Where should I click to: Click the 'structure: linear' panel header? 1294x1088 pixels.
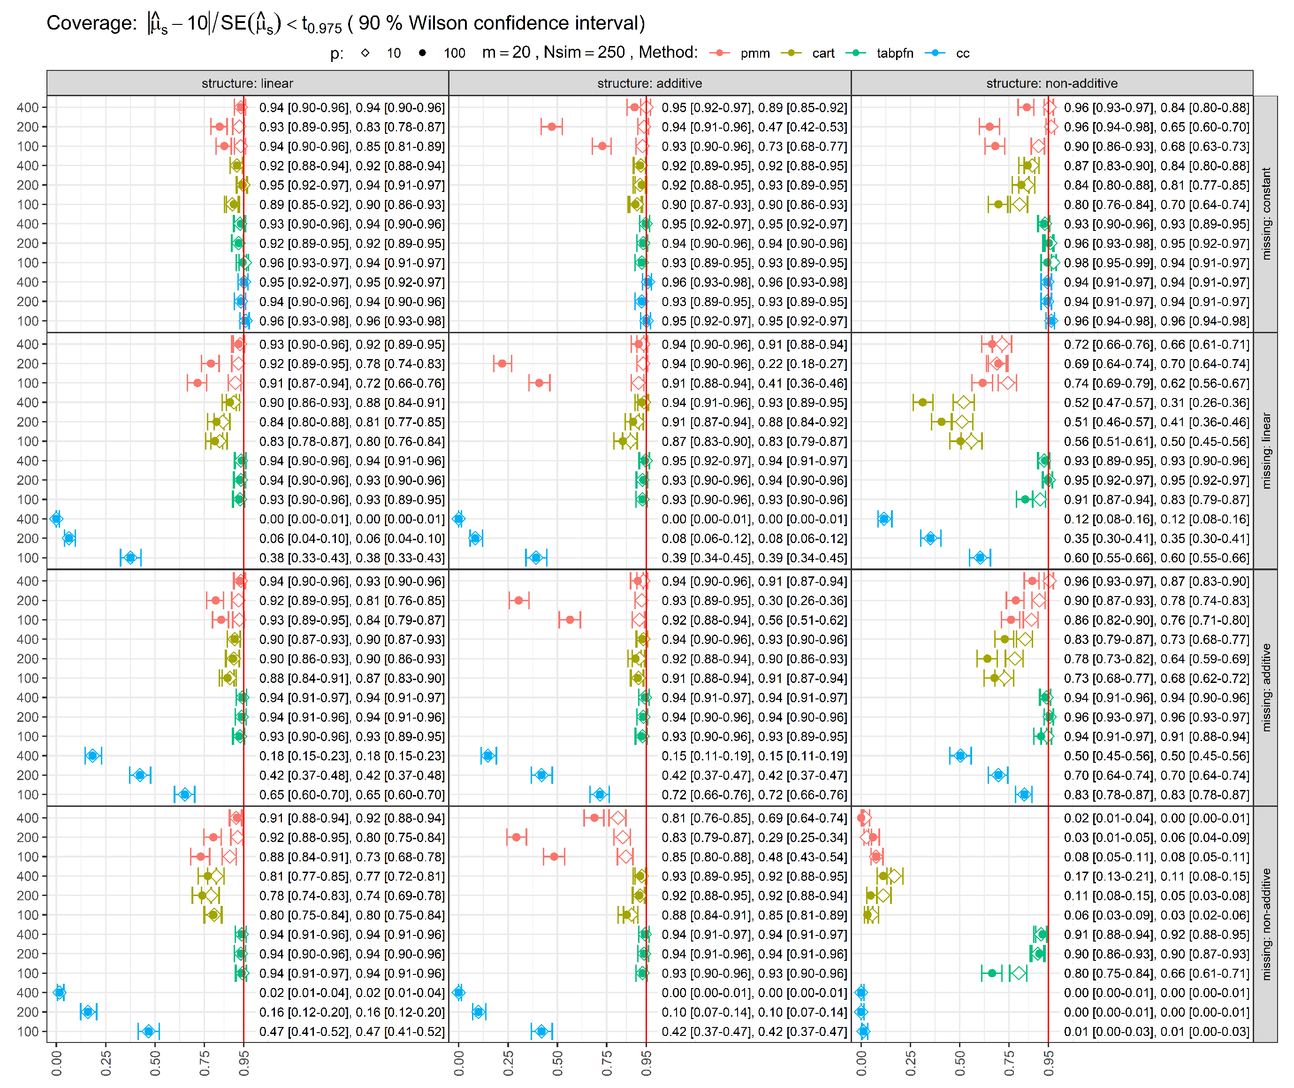pos(247,83)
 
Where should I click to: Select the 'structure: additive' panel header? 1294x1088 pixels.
pos(649,83)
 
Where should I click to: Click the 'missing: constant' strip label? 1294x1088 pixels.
pos(1266,214)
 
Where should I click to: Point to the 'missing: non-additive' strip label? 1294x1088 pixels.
pos(1266,924)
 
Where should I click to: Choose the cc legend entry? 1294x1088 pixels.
pos(962,54)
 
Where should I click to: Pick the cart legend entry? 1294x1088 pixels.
pos(822,54)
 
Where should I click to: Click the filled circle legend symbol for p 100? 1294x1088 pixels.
pos(422,54)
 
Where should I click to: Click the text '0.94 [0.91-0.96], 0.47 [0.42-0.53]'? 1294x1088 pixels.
pos(754,127)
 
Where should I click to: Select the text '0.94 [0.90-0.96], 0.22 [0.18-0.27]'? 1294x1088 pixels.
pos(754,364)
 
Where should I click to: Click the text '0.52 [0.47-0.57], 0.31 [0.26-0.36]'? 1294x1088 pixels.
pos(1156,403)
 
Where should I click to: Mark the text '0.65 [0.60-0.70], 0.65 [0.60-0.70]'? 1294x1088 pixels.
pos(351,795)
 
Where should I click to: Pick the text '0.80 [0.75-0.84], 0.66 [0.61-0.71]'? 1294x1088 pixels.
pos(1156,973)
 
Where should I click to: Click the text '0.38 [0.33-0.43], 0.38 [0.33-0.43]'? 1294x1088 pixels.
pos(351,558)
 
